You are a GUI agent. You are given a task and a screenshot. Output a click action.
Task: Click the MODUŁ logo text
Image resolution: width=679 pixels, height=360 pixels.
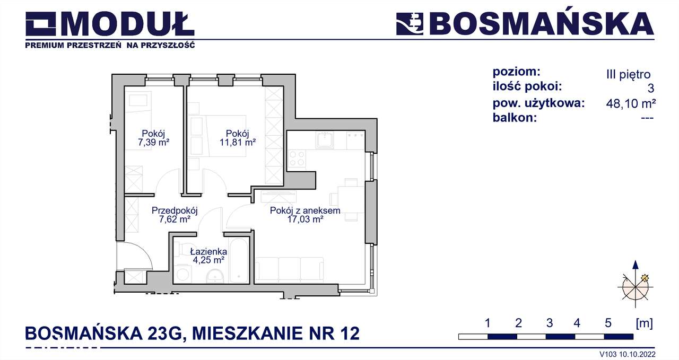130,24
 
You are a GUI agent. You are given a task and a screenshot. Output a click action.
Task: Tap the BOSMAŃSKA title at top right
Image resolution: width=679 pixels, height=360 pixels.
541,24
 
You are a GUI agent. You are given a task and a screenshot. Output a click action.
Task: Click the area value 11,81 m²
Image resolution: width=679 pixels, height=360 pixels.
238,142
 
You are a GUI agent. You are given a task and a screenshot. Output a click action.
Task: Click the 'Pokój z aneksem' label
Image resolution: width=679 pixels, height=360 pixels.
304,210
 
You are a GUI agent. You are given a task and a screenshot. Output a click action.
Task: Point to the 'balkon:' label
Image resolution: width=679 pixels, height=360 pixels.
515,118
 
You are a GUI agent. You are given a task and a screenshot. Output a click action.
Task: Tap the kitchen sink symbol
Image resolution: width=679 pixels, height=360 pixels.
324,141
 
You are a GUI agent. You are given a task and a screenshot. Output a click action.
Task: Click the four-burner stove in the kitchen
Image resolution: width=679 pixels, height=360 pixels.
297,159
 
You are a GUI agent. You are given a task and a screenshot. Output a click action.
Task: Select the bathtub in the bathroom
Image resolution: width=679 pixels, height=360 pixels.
239,261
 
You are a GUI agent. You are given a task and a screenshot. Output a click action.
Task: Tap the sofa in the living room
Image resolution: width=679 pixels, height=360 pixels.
289,269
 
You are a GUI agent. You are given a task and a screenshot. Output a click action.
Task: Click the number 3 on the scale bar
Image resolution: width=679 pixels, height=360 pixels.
549,323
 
